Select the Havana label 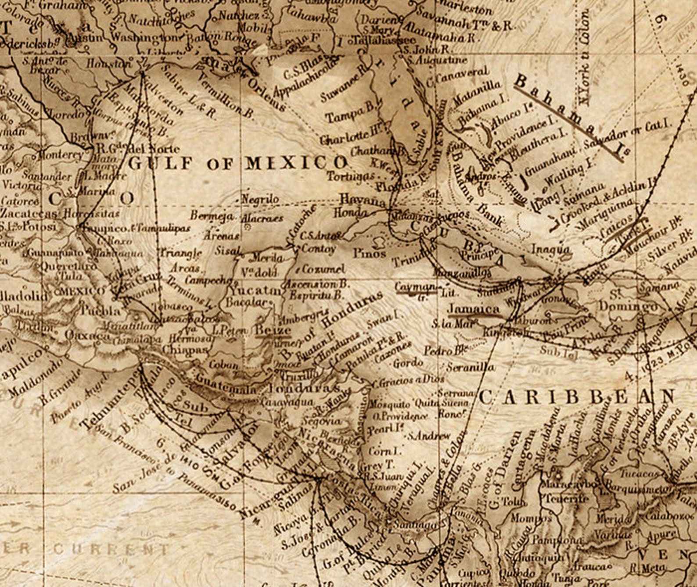pos(362,200)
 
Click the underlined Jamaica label pos(473,309)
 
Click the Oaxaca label pos(88,336)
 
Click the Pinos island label pos(370,253)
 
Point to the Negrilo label pos(261,200)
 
